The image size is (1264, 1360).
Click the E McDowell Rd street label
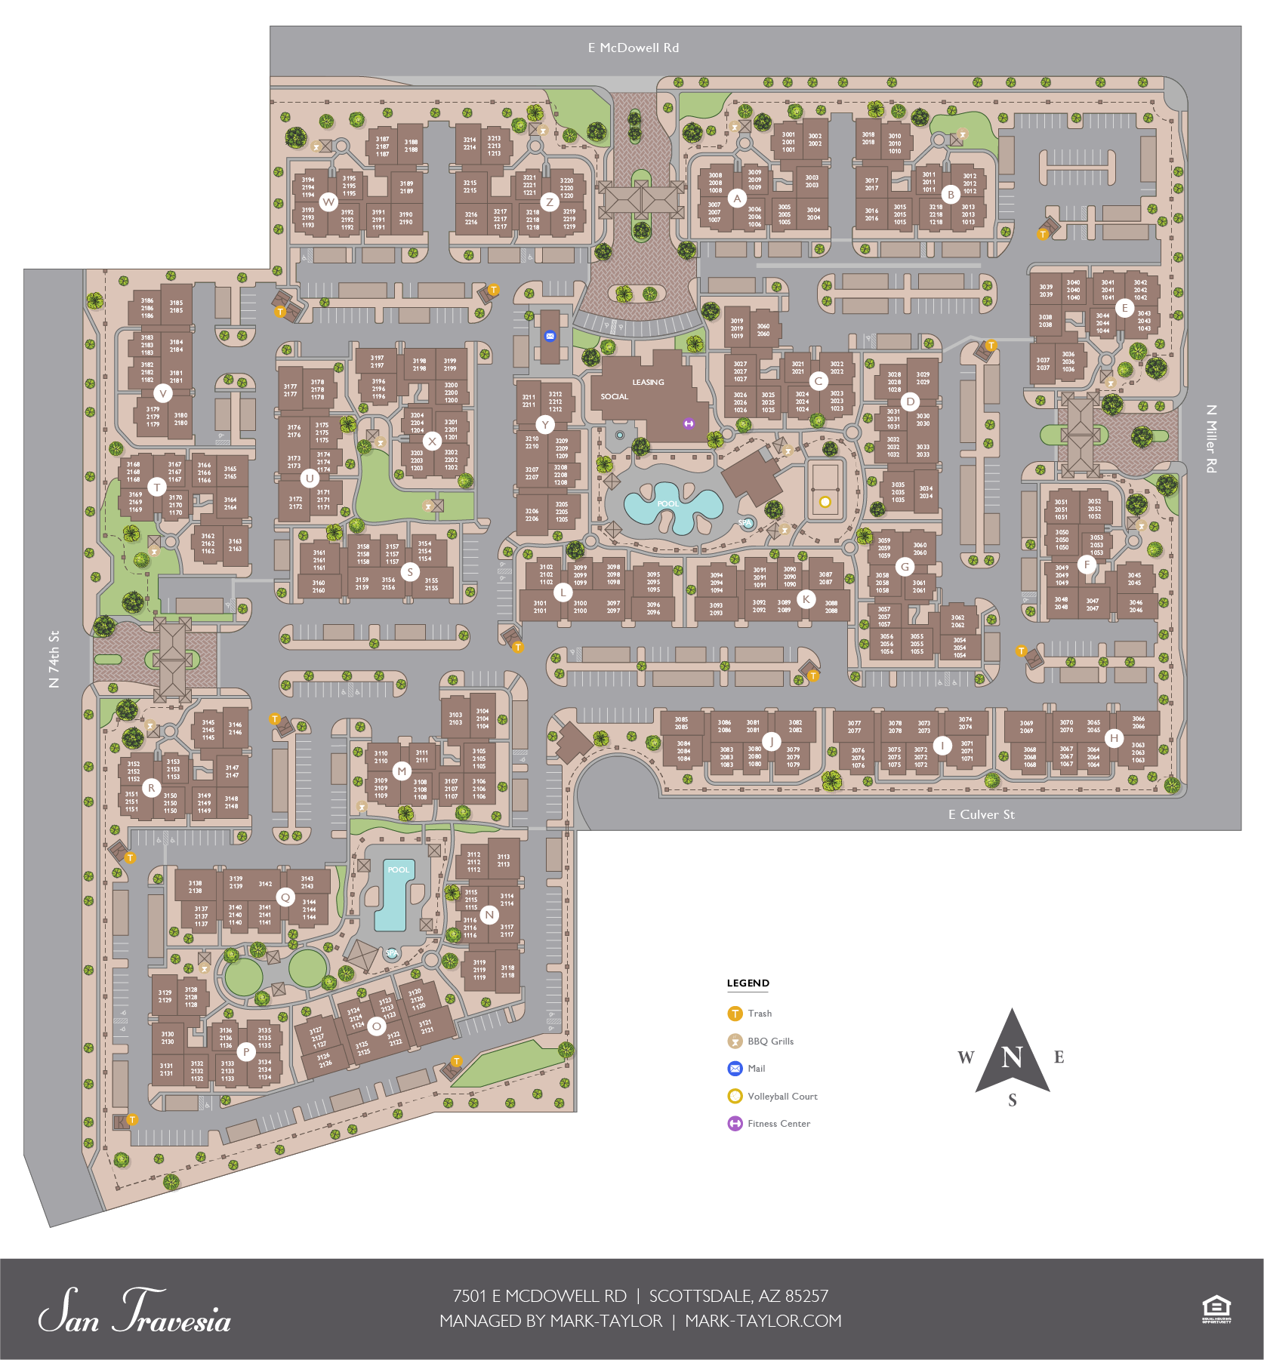tap(633, 48)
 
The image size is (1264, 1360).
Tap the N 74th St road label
tap(54, 659)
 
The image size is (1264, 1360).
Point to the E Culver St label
tap(981, 814)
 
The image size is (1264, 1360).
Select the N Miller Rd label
tap(1211, 438)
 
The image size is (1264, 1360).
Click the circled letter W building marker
tap(328, 202)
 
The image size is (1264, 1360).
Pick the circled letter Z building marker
tap(550, 202)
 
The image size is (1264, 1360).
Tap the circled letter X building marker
tap(432, 442)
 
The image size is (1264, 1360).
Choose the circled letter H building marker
tap(1114, 738)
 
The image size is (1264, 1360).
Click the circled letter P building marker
tap(246, 1051)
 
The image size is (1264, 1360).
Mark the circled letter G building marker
tap(905, 567)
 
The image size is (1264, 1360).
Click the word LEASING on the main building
tap(648, 383)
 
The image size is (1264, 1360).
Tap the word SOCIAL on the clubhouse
tap(614, 397)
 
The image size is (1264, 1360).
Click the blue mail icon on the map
tap(550, 337)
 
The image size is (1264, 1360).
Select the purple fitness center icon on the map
tap(689, 424)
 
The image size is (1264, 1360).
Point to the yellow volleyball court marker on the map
tap(825, 502)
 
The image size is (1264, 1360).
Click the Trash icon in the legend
tap(735, 1014)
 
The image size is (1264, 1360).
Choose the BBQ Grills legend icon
tap(735, 1042)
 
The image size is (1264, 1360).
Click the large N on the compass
tap(1012, 1057)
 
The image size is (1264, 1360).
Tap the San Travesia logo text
tap(134, 1313)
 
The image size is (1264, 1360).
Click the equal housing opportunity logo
tap(1216, 1309)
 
